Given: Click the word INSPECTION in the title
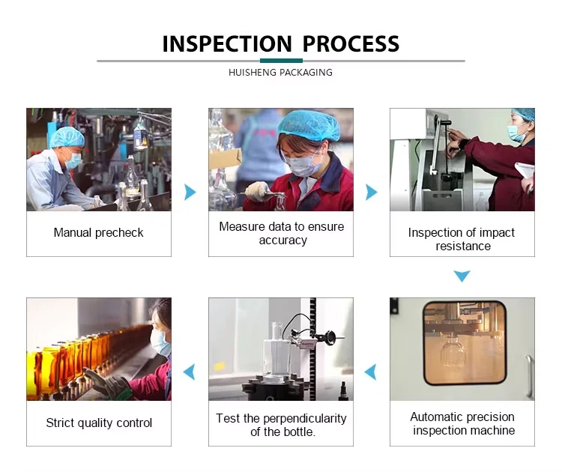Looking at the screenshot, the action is click(227, 44).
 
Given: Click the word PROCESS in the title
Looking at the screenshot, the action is click(351, 44).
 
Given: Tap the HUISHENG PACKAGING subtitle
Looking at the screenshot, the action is click(281, 73).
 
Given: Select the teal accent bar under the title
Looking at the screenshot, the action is click(281, 61).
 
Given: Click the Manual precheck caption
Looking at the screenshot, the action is click(99, 232).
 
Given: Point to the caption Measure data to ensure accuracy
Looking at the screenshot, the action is click(281, 233).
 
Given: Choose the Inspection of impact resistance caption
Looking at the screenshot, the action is click(462, 239).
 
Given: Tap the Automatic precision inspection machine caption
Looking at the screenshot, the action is click(463, 423).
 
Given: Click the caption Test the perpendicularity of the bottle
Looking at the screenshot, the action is click(281, 425).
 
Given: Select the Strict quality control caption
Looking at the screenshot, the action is click(99, 423).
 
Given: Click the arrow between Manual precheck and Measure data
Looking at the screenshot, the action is click(190, 192).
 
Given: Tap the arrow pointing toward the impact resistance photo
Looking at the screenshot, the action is click(372, 192).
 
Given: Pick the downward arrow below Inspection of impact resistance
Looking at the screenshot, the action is click(462, 276).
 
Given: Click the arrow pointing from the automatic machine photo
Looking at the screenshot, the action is click(371, 372).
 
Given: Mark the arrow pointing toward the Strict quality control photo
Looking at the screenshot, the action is click(190, 372).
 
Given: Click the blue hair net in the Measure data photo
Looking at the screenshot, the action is click(309, 125).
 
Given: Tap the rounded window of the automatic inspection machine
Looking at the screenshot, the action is click(465, 342).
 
